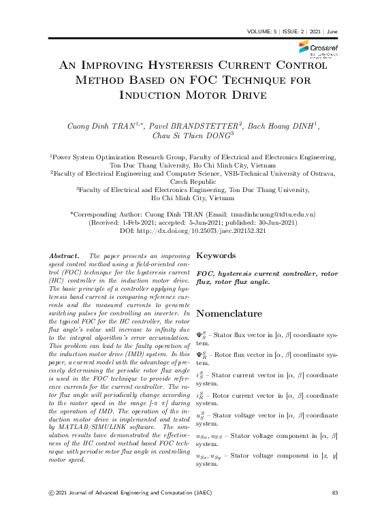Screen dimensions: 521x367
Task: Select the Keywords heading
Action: (217, 257)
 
